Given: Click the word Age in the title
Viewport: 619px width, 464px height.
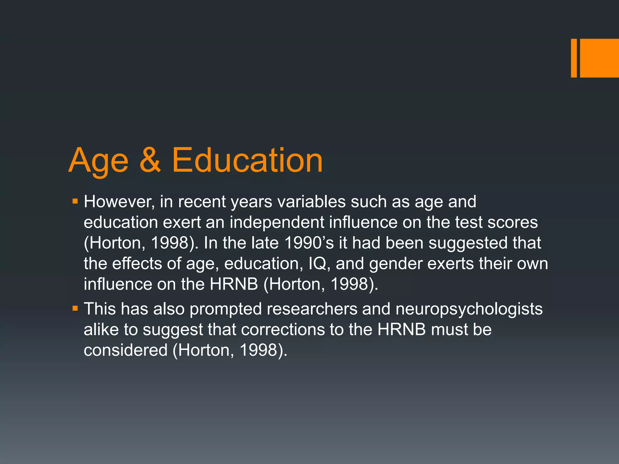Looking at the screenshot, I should tap(99, 161).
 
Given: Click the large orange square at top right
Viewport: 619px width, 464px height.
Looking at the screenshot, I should tap(599, 58).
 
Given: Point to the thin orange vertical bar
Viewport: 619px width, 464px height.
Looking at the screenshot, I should tap(574, 58).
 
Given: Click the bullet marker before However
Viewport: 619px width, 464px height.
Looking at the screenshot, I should tap(75, 201).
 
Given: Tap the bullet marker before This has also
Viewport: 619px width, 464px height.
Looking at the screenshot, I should tap(75, 308).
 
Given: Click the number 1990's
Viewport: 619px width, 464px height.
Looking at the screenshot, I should tap(309, 243).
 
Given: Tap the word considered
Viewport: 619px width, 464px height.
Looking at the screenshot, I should tap(125, 350).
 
